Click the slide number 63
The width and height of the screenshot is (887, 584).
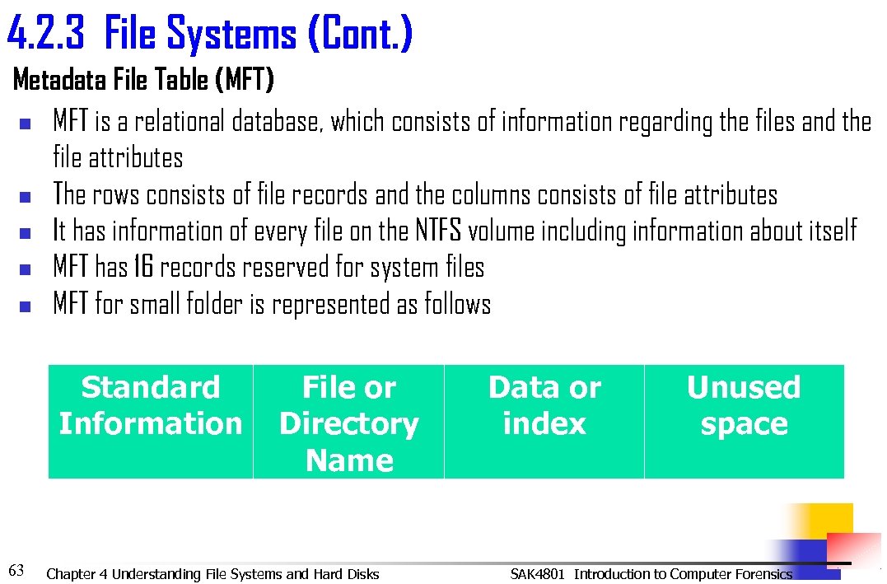(16, 569)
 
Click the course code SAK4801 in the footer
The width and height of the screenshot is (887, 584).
(537, 574)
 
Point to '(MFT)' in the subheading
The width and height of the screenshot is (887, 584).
(244, 81)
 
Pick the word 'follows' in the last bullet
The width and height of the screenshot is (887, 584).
(457, 304)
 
